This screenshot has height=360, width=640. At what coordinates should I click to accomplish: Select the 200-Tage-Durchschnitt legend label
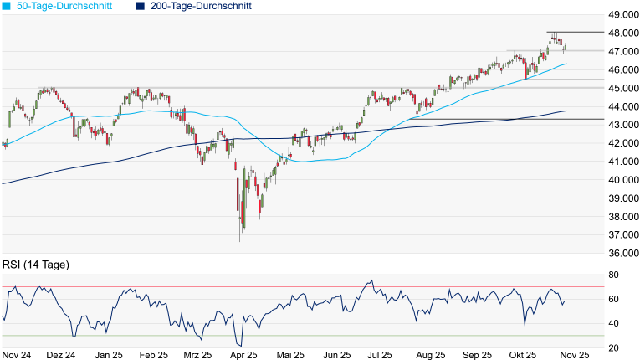201,6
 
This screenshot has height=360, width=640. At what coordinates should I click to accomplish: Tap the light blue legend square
8,6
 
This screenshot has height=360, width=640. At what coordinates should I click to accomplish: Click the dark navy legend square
140,6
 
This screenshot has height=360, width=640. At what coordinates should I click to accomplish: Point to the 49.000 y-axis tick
623,15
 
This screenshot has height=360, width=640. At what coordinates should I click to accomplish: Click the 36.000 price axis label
623,253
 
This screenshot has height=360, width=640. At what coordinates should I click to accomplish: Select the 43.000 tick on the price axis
623,125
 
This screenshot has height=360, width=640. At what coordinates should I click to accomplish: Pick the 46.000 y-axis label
623,69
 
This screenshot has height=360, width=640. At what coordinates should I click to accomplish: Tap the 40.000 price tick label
623,180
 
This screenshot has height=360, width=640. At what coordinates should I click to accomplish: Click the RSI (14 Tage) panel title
36,265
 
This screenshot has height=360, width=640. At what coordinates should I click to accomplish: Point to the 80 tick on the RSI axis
613,275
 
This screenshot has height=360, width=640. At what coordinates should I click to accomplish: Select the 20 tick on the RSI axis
613,347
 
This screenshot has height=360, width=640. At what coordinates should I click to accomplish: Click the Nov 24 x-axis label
17,355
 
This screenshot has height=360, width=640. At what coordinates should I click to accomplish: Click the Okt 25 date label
525,355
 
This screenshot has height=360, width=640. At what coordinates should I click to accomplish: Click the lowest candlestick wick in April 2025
240,241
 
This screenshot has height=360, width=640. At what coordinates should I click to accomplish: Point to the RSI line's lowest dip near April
240,345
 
